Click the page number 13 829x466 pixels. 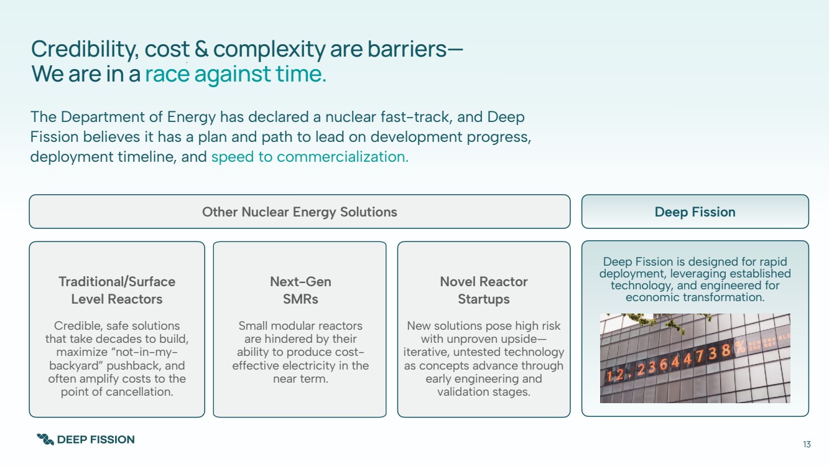coord(807,444)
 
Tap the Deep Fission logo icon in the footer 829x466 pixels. coord(45,439)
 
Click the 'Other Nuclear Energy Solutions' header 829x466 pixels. coord(299,212)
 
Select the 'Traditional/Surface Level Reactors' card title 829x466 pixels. coord(117,290)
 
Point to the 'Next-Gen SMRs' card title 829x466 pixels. coord(300,290)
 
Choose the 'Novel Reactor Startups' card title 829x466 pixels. coord(484,290)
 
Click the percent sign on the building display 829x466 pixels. coord(740,347)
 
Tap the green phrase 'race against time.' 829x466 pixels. coord(236,73)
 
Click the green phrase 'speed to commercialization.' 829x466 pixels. coord(310,157)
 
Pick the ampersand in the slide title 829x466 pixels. coord(201,49)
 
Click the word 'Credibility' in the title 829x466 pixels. coord(85,50)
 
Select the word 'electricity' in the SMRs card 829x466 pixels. coord(307,365)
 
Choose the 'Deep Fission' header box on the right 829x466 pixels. coord(695,212)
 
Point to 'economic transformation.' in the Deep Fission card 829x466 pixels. coord(695,297)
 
